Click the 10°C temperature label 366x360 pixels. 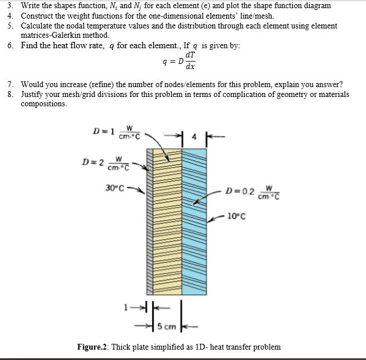(x=237, y=217)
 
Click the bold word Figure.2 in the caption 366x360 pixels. (x=92, y=347)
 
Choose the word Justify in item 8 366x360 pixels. (x=34, y=94)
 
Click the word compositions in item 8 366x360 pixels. (x=44, y=103)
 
